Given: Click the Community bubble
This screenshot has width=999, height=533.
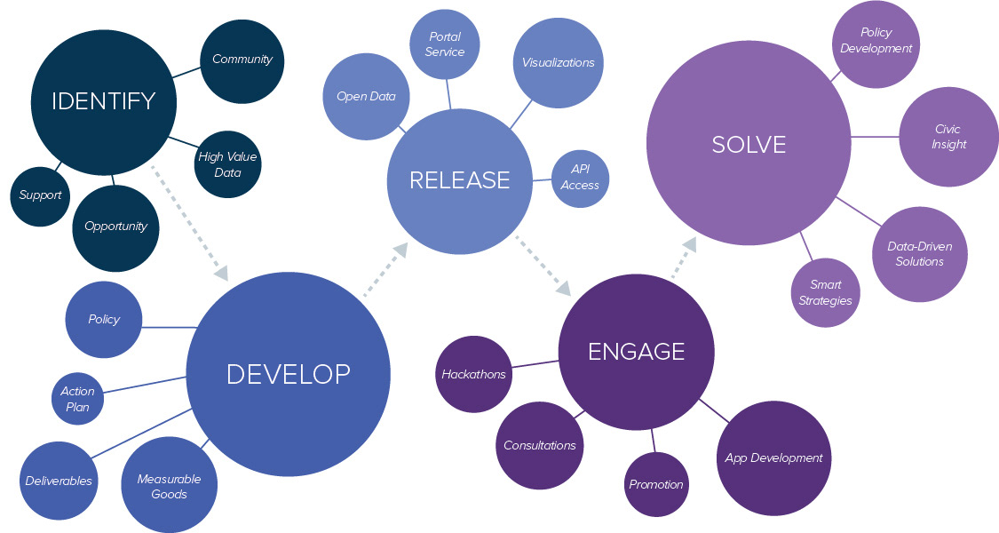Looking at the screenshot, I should tap(242, 60).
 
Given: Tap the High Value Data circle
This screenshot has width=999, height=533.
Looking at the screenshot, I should tap(228, 164).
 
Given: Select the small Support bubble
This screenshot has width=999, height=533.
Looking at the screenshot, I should tap(41, 195).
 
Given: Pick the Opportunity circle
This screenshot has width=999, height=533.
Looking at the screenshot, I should tap(115, 227).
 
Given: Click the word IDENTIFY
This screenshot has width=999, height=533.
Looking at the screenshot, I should tap(103, 101).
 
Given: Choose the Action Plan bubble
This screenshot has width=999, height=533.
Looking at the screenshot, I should tap(78, 399).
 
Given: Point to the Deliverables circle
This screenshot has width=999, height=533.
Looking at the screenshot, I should tap(59, 481).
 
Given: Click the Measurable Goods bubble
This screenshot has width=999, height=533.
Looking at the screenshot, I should tap(169, 486).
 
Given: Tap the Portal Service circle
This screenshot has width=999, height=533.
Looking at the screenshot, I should tap(445, 44).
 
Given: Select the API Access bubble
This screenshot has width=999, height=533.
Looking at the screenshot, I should tap(580, 178).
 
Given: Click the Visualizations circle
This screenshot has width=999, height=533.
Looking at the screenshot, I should tap(558, 62).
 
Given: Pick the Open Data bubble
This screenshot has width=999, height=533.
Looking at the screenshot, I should tap(366, 96).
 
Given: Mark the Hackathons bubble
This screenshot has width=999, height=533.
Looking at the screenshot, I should tap(474, 374).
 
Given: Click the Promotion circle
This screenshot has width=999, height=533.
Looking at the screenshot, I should tap(656, 484).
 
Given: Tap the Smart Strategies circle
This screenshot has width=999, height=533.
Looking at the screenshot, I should tap(825, 293).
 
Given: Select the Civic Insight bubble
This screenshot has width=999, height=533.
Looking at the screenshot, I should tap(948, 137).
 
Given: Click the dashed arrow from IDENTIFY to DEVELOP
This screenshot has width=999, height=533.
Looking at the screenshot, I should tap(190, 223).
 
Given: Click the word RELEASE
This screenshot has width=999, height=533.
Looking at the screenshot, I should tap(460, 180).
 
